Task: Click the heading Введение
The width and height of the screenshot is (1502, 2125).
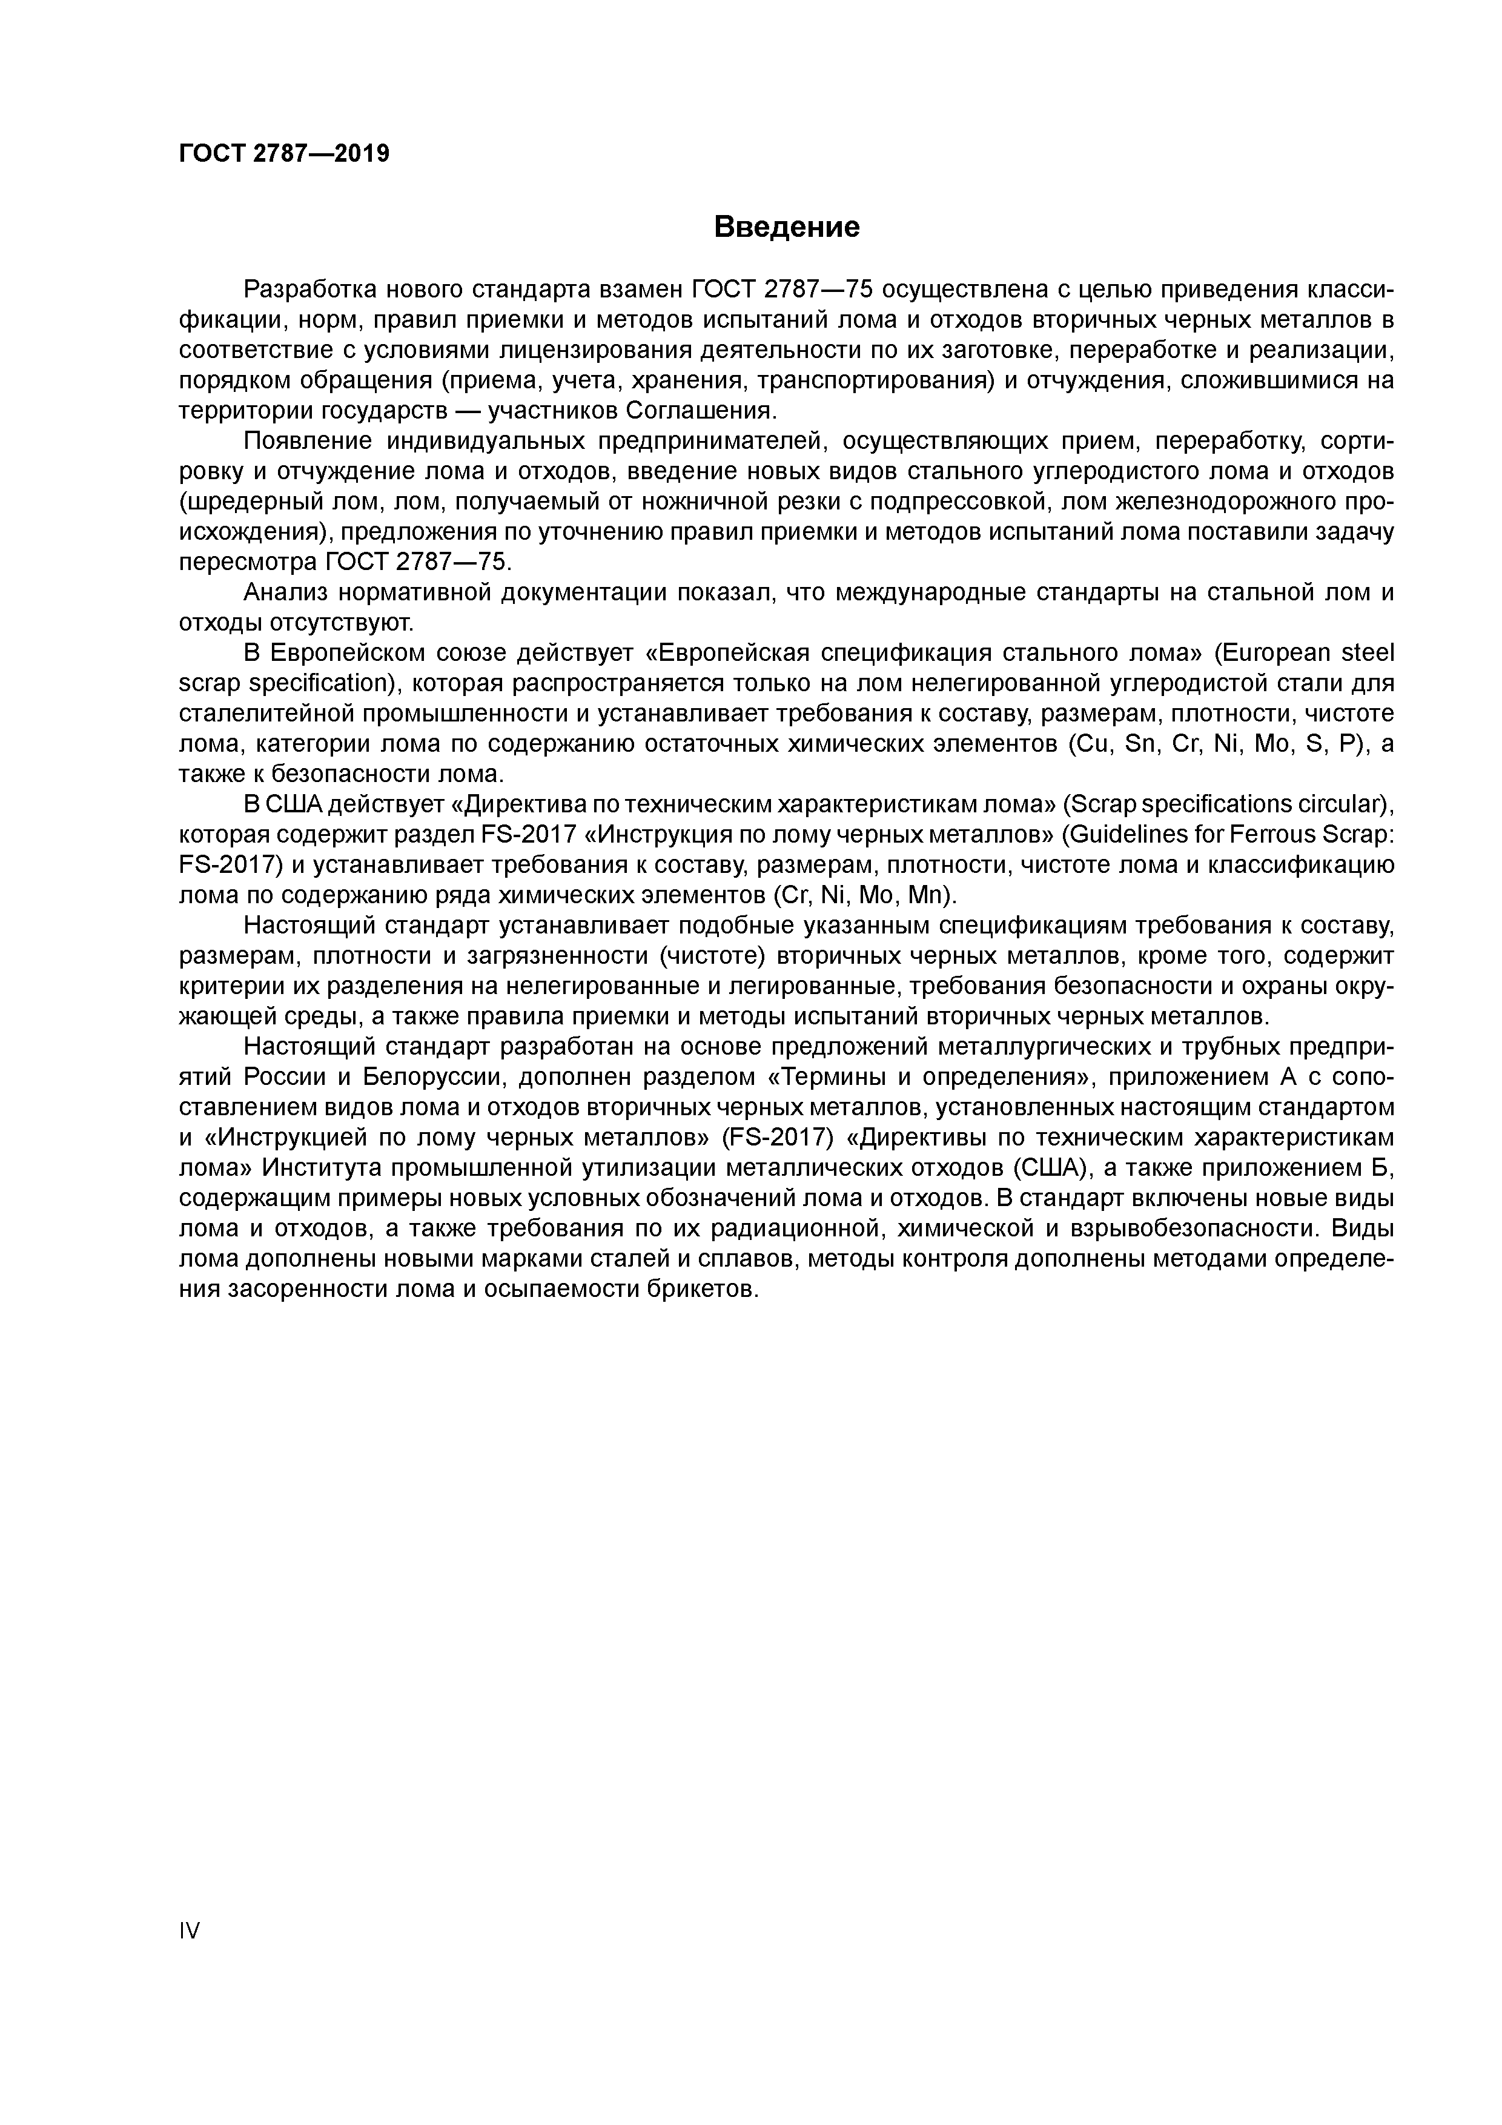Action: click(787, 227)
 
